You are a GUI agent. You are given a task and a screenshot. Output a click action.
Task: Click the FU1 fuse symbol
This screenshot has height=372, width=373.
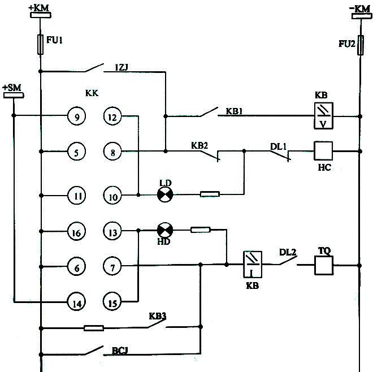40,45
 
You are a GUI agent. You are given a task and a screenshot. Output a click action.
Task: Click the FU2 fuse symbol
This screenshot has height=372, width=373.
359,45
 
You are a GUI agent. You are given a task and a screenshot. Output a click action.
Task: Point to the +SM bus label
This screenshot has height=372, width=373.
12,88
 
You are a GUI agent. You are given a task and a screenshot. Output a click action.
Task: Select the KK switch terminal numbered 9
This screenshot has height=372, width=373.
76,117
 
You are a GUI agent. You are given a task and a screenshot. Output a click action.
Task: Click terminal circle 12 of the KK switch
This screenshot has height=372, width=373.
112,117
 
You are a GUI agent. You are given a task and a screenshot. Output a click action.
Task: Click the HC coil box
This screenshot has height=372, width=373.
324,151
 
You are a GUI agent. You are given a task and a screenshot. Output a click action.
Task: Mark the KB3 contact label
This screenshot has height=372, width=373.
157,316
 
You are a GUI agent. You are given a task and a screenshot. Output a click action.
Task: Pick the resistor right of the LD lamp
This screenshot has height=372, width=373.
210,194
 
